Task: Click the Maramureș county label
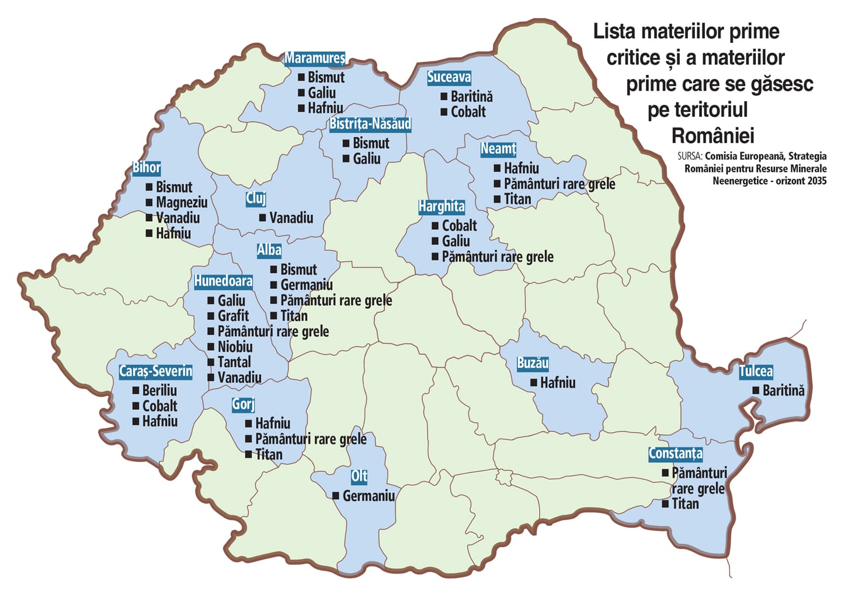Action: pos(315,58)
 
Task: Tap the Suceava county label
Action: pos(449,77)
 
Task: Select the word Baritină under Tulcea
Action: pos(783,391)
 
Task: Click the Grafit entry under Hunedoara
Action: pos(233,316)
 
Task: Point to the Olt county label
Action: pos(359,476)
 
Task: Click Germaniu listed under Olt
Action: pos(369,496)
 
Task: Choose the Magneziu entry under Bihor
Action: pos(182,203)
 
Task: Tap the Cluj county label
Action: pos(256,198)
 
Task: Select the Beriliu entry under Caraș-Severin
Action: pos(159,391)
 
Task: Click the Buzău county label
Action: pos(533,363)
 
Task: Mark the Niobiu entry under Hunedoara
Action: pos(235,347)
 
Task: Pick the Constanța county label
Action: pos(675,453)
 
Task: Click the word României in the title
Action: pos(713,136)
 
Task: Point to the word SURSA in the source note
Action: pos(689,156)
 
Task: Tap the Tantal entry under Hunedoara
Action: pos(234,362)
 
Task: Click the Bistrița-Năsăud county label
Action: pos(370,124)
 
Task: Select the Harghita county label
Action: pos(442,206)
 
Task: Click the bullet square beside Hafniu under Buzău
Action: pos(534,383)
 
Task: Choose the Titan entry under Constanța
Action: pos(685,504)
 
